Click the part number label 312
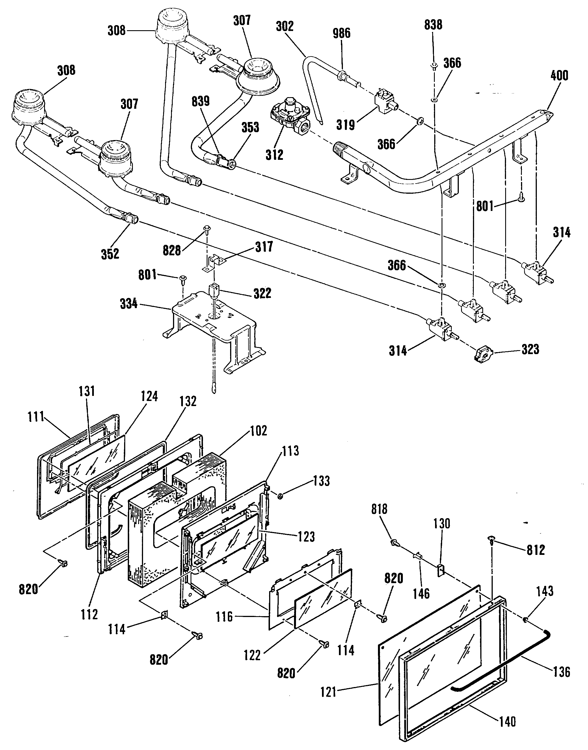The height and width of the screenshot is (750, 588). point(274,154)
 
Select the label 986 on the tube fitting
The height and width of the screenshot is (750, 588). point(341,33)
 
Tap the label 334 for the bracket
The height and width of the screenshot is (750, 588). point(129,304)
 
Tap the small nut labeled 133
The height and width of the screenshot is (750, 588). point(280,496)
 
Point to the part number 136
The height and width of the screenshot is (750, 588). point(562,671)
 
